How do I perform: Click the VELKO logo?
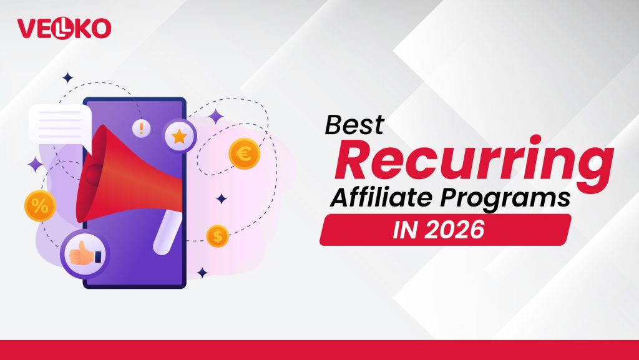point(64,28)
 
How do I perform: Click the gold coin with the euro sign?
point(244,153)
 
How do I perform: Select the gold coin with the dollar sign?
point(218,236)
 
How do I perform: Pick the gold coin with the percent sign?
point(40,207)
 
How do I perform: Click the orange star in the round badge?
point(180,136)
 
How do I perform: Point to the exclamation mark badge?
point(142,129)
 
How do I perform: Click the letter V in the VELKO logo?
point(27,28)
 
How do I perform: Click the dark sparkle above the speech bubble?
point(67,78)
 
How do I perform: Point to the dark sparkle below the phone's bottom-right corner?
point(202,273)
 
